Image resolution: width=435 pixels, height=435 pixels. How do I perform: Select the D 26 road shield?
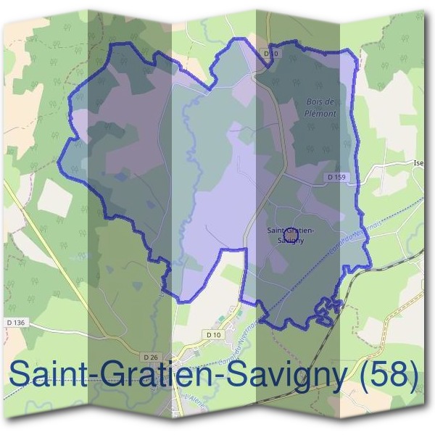pos(151,357)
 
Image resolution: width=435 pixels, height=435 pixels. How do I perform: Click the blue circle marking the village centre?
pos(289,232)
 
